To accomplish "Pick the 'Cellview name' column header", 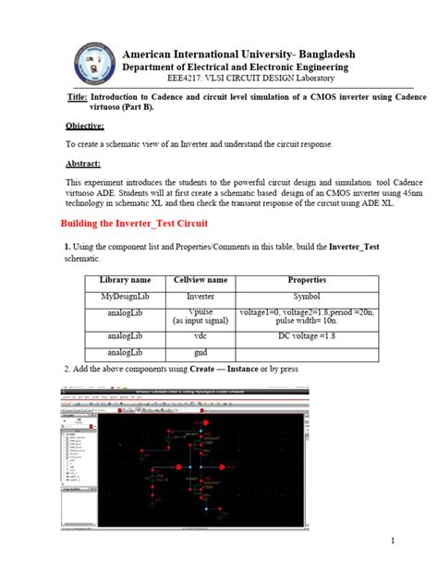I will [x=200, y=279].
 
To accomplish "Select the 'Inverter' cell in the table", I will [x=200, y=296].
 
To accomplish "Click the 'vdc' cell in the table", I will [x=200, y=336].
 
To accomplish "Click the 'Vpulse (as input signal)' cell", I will [x=200, y=316].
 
